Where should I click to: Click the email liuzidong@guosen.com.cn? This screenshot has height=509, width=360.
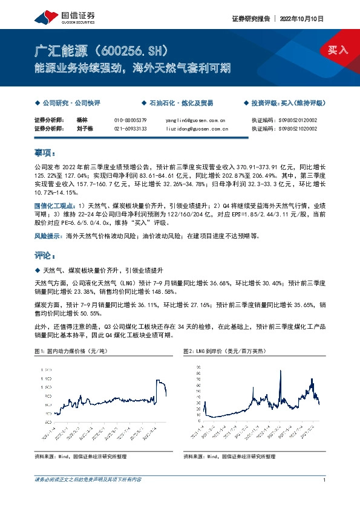196,128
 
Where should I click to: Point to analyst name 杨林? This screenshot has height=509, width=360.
83,120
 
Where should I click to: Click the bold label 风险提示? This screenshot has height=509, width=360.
48,236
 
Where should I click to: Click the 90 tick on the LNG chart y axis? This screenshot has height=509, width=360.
197,367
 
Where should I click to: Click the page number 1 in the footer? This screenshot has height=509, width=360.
325,479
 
